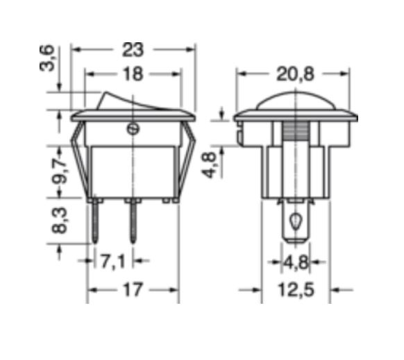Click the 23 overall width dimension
(x=133, y=50)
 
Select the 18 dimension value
(x=133, y=74)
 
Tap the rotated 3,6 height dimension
(x=47, y=58)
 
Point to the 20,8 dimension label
(x=295, y=74)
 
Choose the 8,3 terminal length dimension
(x=60, y=221)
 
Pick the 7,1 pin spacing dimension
(x=112, y=261)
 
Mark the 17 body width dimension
(x=133, y=290)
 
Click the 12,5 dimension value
(x=296, y=290)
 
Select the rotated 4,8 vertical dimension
(x=209, y=165)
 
